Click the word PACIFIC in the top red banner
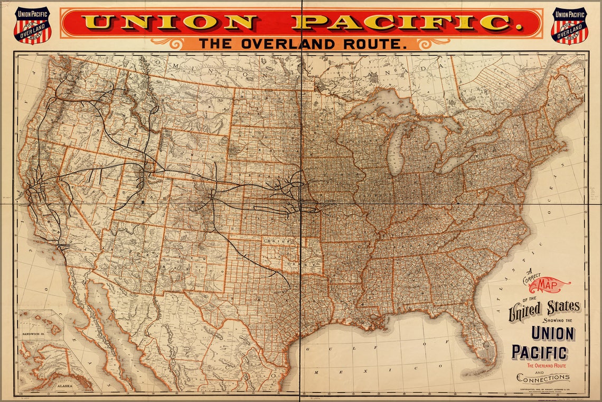402,23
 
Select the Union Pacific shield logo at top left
32,25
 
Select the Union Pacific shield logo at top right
569,25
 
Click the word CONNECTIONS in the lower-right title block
543,378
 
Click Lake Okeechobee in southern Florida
487,345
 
